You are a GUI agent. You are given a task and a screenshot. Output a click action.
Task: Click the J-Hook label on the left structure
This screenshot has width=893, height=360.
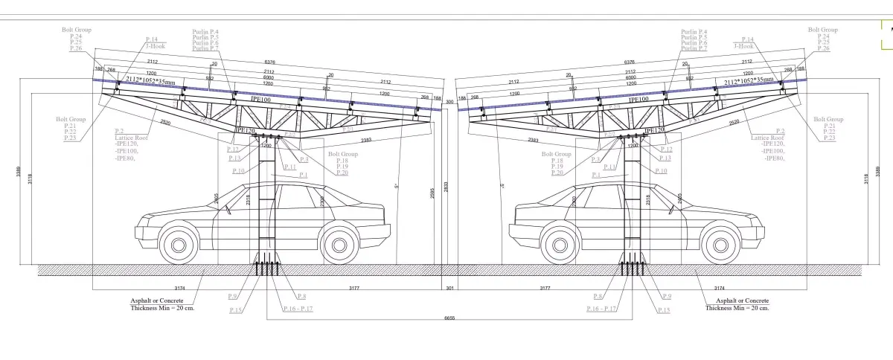(x=156, y=45)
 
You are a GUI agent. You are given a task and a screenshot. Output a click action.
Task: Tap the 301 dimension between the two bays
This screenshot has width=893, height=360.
(x=448, y=286)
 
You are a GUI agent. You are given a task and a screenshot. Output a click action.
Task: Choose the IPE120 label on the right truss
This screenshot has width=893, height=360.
(x=654, y=129)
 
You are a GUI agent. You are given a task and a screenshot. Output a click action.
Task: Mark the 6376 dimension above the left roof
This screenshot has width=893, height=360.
(x=270, y=62)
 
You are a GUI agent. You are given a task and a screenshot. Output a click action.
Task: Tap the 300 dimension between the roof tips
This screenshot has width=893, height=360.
(x=449, y=101)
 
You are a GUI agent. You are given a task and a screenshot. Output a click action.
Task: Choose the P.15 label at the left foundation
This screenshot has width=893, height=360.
(x=235, y=309)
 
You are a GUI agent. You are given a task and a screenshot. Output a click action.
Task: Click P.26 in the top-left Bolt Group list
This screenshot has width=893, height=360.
(x=75, y=48)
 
